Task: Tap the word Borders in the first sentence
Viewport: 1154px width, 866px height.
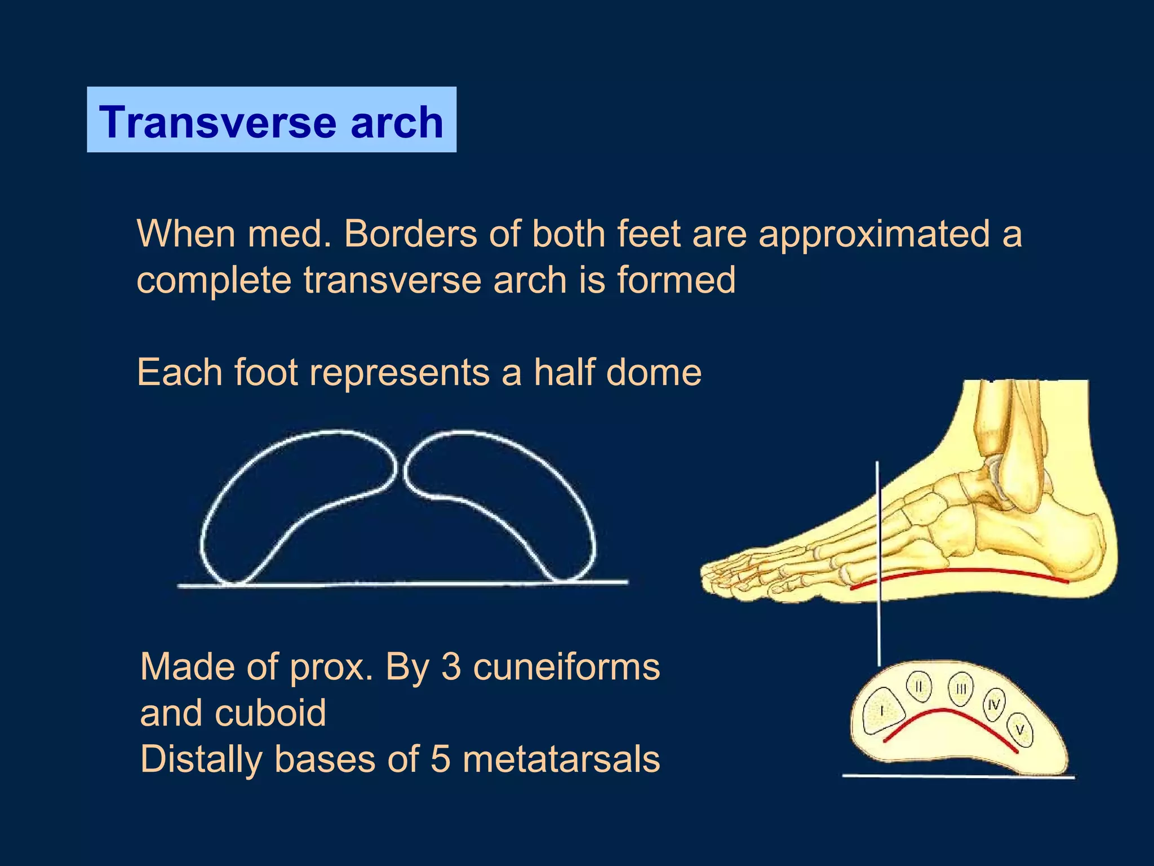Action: tap(410, 233)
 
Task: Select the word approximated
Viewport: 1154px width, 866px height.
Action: tap(874, 233)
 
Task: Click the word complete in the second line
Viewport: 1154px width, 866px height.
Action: tap(214, 280)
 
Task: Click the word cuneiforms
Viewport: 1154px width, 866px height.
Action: tap(566, 667)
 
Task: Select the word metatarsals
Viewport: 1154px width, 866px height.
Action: tap(561, 759)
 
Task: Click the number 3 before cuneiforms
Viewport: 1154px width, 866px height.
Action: tap(451, 667)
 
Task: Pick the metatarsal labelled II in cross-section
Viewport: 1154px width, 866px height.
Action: tap(919, 687)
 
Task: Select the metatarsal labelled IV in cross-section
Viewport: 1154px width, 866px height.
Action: tap(994, 705)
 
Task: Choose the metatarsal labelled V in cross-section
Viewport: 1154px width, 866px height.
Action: tap(1020, 730)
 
